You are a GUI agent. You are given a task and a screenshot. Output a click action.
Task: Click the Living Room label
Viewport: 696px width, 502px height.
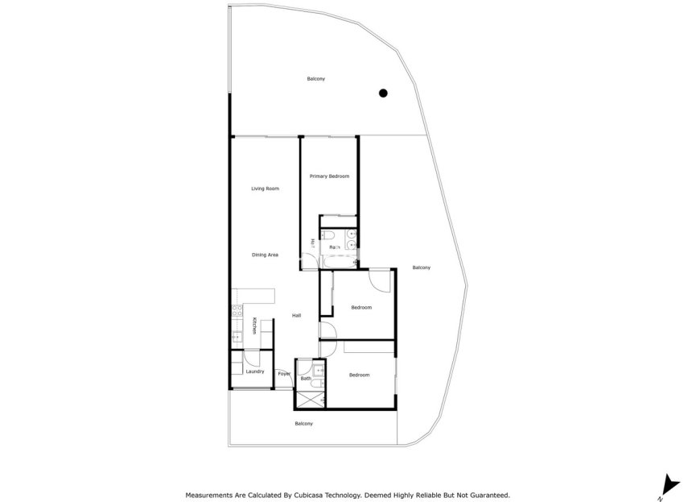(x=265, y=189)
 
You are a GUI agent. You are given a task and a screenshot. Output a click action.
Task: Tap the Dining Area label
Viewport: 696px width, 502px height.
(x=265, y=255)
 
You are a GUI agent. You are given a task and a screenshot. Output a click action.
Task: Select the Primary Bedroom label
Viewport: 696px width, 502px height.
(x=329, y=176)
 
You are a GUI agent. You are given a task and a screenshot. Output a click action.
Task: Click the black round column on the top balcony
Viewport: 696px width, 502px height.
(x=384, y=93)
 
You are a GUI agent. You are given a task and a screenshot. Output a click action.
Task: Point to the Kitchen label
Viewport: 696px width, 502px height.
(x=254, y=326)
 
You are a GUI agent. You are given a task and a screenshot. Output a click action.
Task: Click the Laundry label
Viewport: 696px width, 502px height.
(x=255, y=371)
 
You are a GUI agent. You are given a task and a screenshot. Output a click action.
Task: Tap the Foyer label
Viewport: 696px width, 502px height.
(x=283, y=374)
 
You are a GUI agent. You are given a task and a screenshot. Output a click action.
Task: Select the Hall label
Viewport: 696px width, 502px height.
(x=296, y=315)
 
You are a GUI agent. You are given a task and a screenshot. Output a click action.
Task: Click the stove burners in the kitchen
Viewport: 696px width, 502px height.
(x=236, y=309)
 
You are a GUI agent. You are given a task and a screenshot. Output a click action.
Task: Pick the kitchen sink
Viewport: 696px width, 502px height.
(x=236, y=336)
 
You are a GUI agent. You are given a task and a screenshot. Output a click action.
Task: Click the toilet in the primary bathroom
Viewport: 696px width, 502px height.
(x=332, y=234)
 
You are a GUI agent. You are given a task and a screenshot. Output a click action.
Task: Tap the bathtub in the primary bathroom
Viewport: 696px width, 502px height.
(x=336, y=261)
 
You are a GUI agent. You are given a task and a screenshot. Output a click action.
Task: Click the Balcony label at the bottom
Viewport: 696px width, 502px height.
(x=303, y=424)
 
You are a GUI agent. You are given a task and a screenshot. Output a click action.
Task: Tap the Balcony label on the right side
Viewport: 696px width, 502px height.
(x=421, y=268)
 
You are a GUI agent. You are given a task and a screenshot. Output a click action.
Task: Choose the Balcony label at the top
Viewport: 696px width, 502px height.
(x=315, y=79)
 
